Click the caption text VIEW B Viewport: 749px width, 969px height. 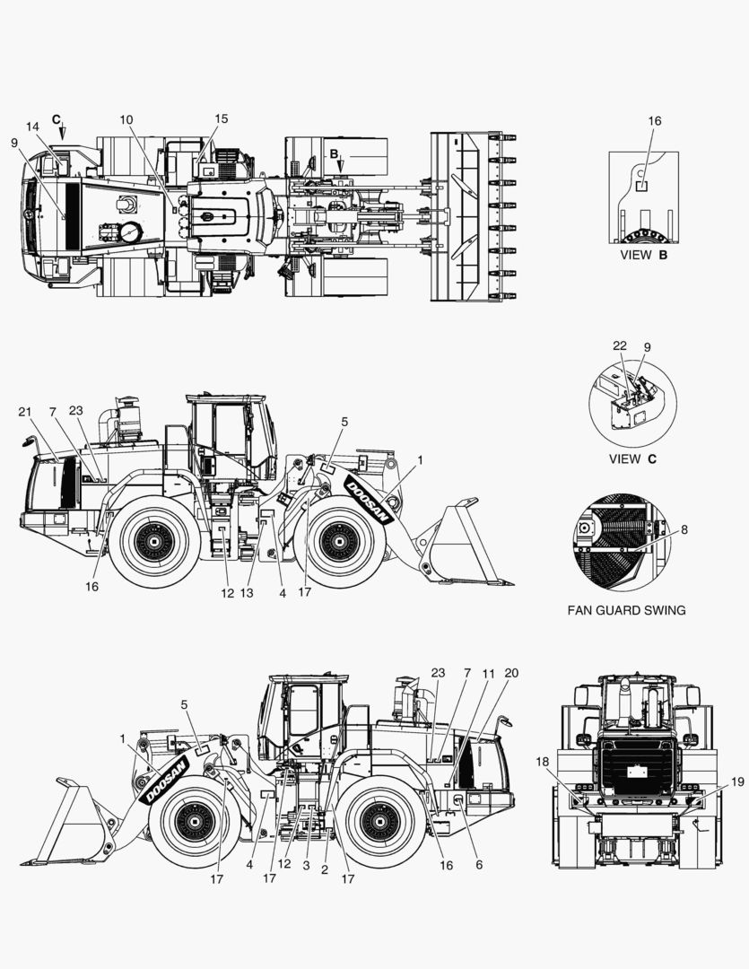click(643, 255)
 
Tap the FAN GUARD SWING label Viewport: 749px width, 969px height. click(626, 610)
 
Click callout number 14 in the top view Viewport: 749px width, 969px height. click(33, 127)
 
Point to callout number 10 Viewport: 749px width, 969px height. click(126, 119)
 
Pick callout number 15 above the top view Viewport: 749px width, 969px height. click(221, 118)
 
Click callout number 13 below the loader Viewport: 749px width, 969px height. click(247, 593)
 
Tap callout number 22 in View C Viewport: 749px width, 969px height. click(620, 345)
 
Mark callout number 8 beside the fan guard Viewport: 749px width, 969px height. click(684, 529)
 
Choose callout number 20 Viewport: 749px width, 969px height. click(511, 673)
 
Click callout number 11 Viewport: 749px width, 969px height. click(489, 673)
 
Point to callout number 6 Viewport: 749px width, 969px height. click(479, 865)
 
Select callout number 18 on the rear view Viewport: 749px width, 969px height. click(543, 761)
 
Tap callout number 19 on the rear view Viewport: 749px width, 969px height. click(736, 781)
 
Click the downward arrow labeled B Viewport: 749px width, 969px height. click(340, 165)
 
